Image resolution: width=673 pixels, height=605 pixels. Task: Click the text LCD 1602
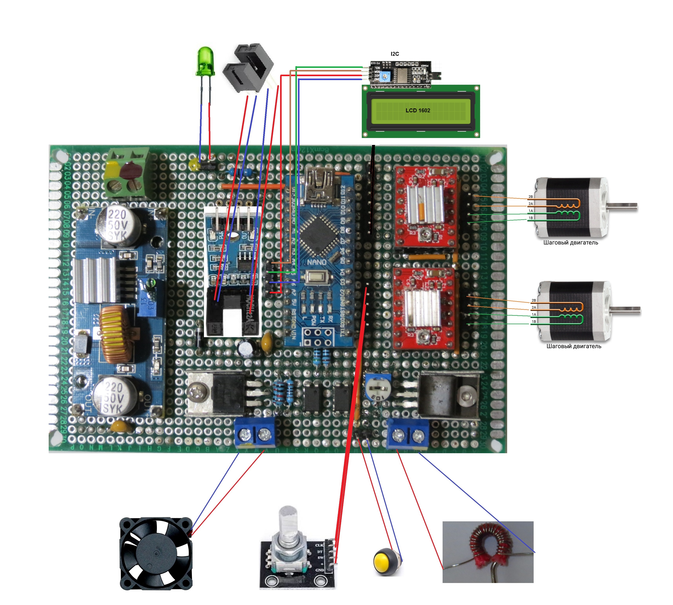(417, 110)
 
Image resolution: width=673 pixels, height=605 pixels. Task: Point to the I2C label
(395, 54)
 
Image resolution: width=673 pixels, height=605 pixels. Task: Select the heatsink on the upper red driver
(425, 203)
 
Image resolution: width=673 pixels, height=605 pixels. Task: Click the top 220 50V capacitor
(117, 226)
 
